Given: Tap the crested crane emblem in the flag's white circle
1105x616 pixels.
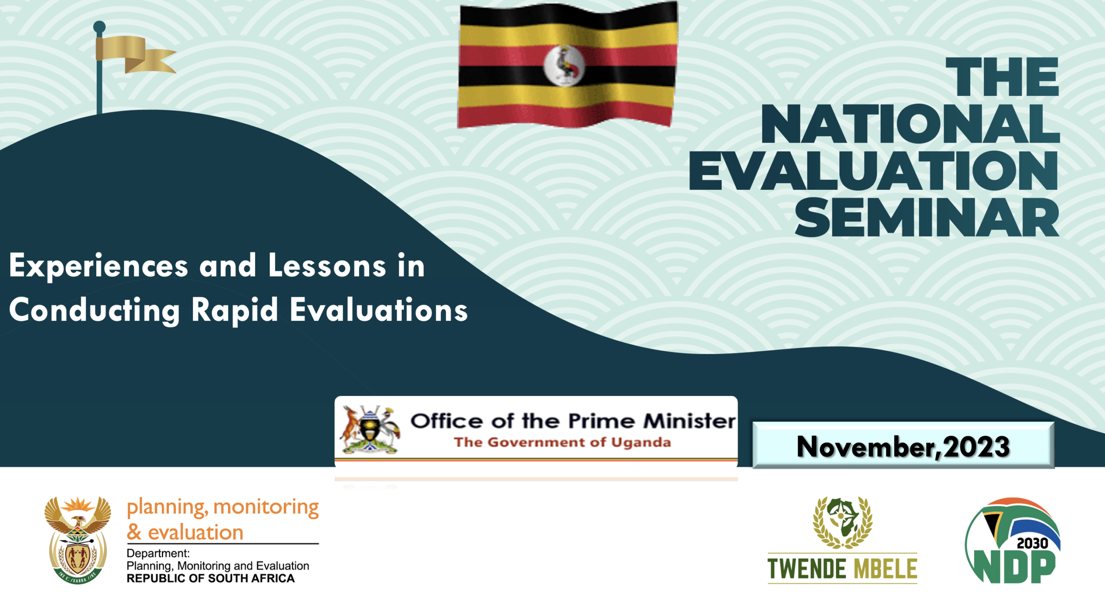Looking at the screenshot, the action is pyautogui.click(x=564, y=65).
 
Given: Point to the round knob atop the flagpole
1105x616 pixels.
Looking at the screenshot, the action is pyautogui.click(x=99, y=27).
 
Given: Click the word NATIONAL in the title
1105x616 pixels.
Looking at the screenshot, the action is pyautogui.click(x=910, y=123).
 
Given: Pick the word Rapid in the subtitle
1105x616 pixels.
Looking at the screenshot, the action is pyautogui.click(x=235, y=311).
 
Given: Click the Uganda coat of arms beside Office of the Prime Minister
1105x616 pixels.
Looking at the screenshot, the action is pyautogui.click(x=370, y=429).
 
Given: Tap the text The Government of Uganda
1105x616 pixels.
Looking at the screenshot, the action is pyautogui.click(x=562, y=442).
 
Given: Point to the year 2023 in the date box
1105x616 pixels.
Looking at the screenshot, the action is pyautogui.click(x=976, y=446).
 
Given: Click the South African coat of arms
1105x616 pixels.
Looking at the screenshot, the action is pyautogui.click(x=78, y=540).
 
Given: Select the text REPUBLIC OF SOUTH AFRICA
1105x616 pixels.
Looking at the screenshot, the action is pyautogui.click(x=211, y=578).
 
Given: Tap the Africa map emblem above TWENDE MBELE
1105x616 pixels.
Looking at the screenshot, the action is pyautogui.click(x=842, y=522).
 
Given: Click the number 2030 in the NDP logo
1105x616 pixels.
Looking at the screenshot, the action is pyautogui.click(x=1032, y=543).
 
